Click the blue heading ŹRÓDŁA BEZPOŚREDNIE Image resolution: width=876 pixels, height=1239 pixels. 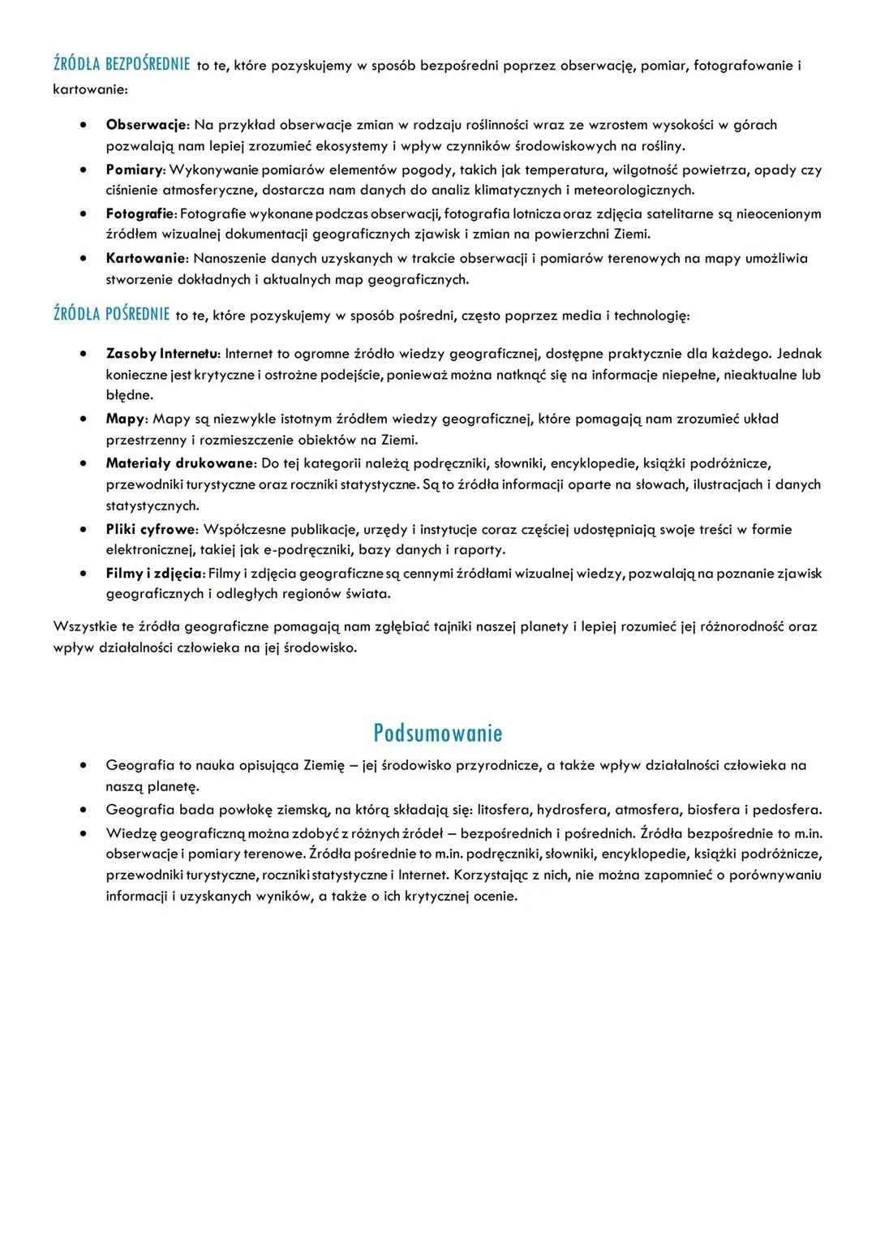click(122, 65)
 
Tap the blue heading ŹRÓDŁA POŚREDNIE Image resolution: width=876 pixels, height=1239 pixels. click(112, 315)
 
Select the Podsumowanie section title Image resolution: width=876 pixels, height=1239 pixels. click(437, 733)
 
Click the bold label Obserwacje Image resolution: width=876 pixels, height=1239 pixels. click(147, 125)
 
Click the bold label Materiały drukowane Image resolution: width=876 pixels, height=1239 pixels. click(180, 463)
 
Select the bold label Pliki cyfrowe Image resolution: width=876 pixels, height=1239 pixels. click(151, 529)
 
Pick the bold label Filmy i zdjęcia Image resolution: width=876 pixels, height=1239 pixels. click(153, 573)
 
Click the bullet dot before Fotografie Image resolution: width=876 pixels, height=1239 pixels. click(84, 214)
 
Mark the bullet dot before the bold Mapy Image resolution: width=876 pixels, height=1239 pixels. click(84, 419)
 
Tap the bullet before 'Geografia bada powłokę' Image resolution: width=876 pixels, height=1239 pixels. click(84, 810)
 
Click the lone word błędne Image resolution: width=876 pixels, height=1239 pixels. click(129, 395)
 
